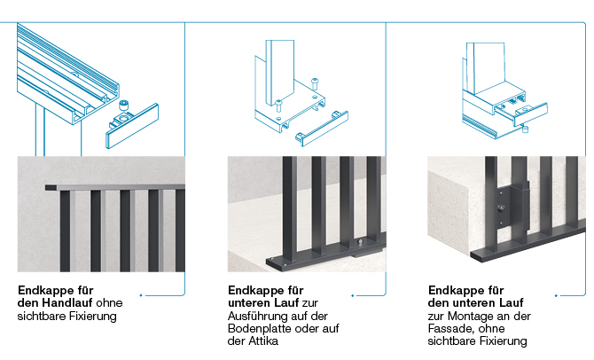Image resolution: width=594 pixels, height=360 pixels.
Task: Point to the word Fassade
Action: point(453,328)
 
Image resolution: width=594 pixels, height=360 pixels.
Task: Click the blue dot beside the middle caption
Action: point(352,293)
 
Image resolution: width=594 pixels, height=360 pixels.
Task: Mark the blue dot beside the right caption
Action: point(556,293)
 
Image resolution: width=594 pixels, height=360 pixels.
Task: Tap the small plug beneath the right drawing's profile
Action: point(525,130)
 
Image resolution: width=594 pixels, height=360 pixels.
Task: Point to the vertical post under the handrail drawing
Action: point(37,133)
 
